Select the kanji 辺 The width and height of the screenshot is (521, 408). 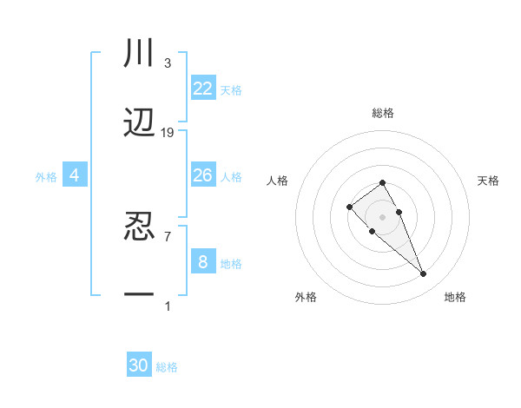pyautogui.click(x=139, y=123)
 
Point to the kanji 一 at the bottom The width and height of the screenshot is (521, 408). pyautogui.click(x=139, y=295)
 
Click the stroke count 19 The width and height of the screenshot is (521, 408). pyautogui.click(x=168, y=132)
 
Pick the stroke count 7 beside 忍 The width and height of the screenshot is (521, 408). pyautogui.click(x=167, y=235)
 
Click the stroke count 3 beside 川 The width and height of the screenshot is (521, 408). pyautogui.click(x=167, y=63)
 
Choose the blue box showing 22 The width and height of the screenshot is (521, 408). pyautogui.click(x=203, y=89)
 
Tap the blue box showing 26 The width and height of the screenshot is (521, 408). pyautogui.click(x=203, y=175)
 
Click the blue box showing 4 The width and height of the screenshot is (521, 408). pyautogui.click(x=75, y=175)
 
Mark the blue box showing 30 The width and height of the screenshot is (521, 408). pyautogui.click(x=139, y=365)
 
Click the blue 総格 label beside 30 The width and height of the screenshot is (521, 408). pyautogui.click(x=167, y=367)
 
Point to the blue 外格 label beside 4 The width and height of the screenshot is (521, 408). pyautogui.click(x=46, y=177)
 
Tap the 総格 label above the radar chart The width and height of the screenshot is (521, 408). pyautogui.click(x=383, y=113)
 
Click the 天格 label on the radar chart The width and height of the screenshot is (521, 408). pyautogui.click(x=488, y=181)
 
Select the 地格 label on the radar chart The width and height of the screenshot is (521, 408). pyautogui.click(x=455, y=297)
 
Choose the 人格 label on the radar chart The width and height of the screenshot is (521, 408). pyautogui.click(x=278, y=181)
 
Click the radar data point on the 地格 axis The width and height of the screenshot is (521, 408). pyautogui.click(x=424, y=274)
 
